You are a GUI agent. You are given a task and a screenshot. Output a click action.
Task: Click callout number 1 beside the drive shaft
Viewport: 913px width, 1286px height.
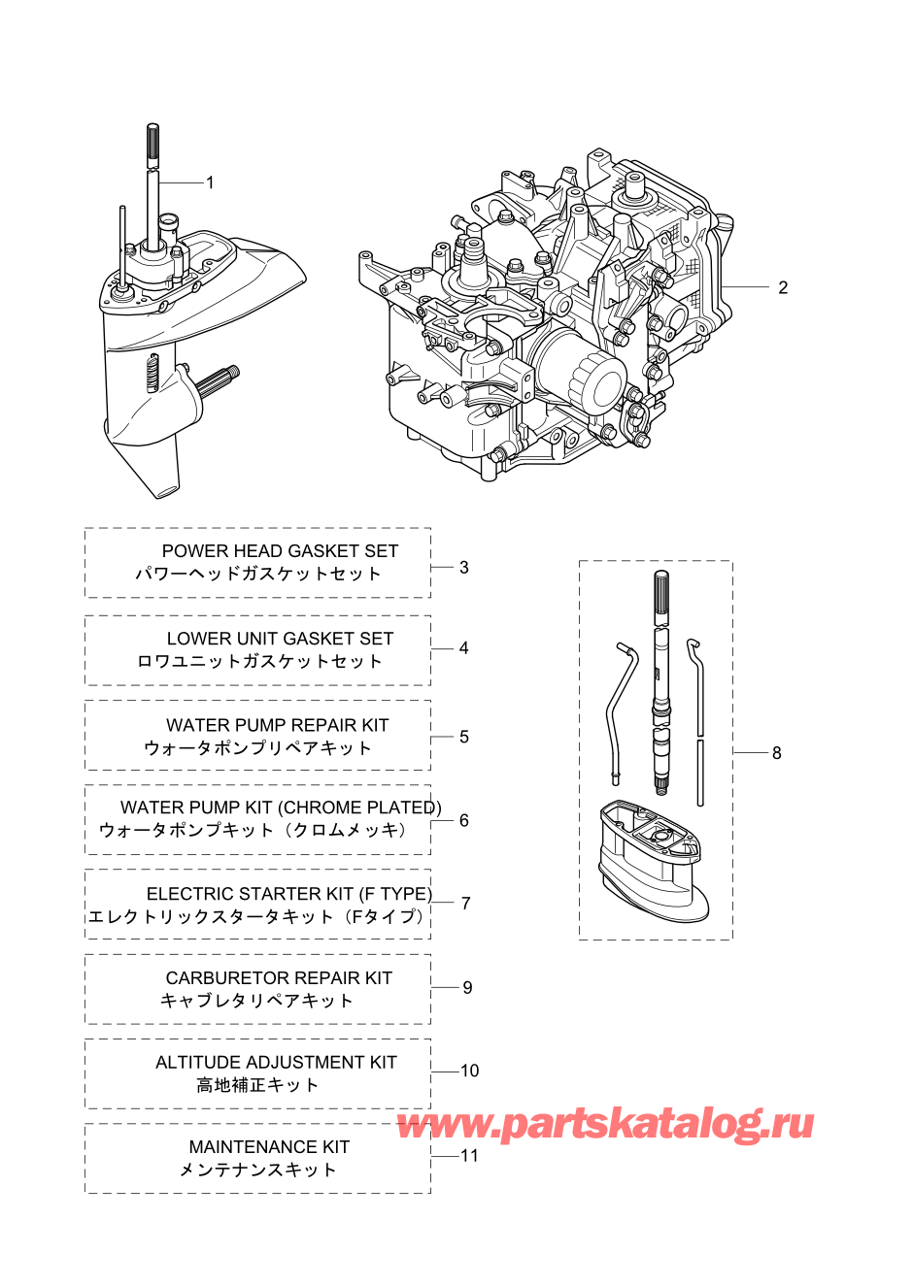pos(210,183)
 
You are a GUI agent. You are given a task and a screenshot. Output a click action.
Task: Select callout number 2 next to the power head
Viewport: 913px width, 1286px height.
pos(783,287)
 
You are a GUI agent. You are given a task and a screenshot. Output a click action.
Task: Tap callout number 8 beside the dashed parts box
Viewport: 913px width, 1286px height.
pos(777,752)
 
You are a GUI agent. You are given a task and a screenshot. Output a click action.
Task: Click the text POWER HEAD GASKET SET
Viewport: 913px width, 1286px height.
pos(280,551)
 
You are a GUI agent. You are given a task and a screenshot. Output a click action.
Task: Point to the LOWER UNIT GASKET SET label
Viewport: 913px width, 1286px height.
pos(280,639)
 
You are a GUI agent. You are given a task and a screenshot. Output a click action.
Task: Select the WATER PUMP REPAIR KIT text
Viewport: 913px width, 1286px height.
pos(278,725)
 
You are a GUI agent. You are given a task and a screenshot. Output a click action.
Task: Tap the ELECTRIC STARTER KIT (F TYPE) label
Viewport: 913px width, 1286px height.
pos(289,894)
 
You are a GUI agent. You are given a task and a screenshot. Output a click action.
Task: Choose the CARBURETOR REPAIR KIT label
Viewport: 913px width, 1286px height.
pos(279,977)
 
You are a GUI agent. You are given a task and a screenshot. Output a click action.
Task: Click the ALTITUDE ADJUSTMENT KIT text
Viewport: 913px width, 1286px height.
pos(276,1062)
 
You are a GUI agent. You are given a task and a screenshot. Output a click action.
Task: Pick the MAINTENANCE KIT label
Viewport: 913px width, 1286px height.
pos(269,1147)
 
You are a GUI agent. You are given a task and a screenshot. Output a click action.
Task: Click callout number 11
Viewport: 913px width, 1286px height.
pos(469,1155)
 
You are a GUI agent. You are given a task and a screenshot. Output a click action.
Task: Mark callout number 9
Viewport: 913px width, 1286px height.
pos(467,987)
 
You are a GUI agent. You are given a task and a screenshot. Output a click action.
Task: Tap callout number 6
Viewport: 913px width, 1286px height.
pos(464,820)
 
